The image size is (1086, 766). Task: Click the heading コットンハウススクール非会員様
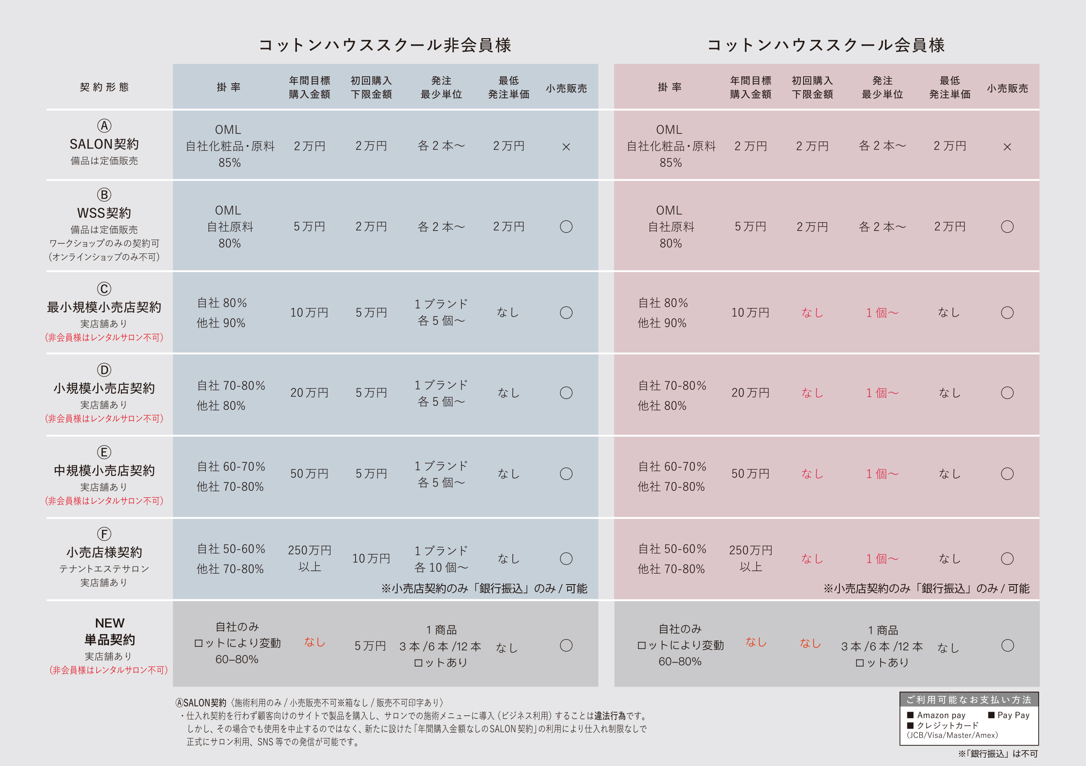click(384, 45)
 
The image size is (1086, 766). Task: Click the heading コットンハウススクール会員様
click(826, 45)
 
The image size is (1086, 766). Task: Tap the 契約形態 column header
click(104, 87)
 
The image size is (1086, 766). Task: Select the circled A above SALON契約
click(104, 126)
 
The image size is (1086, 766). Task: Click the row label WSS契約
click(104, 213)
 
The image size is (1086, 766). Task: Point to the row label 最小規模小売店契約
click(104, 307)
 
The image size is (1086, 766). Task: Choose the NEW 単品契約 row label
click(110, 631)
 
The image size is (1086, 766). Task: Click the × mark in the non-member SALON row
click(566, 147)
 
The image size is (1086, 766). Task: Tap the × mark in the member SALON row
click(1007, 147)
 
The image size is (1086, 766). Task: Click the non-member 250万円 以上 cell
click(310, 558)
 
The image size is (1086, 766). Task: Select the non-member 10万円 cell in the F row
click(371, 559)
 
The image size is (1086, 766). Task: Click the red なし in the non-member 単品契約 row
click(314, 642)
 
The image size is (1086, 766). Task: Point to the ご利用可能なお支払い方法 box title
click(969, 700)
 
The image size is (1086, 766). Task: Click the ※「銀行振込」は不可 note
click(998, 754)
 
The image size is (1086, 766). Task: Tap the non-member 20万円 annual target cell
click(309, 393)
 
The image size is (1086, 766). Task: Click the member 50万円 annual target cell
click(751, 474)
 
